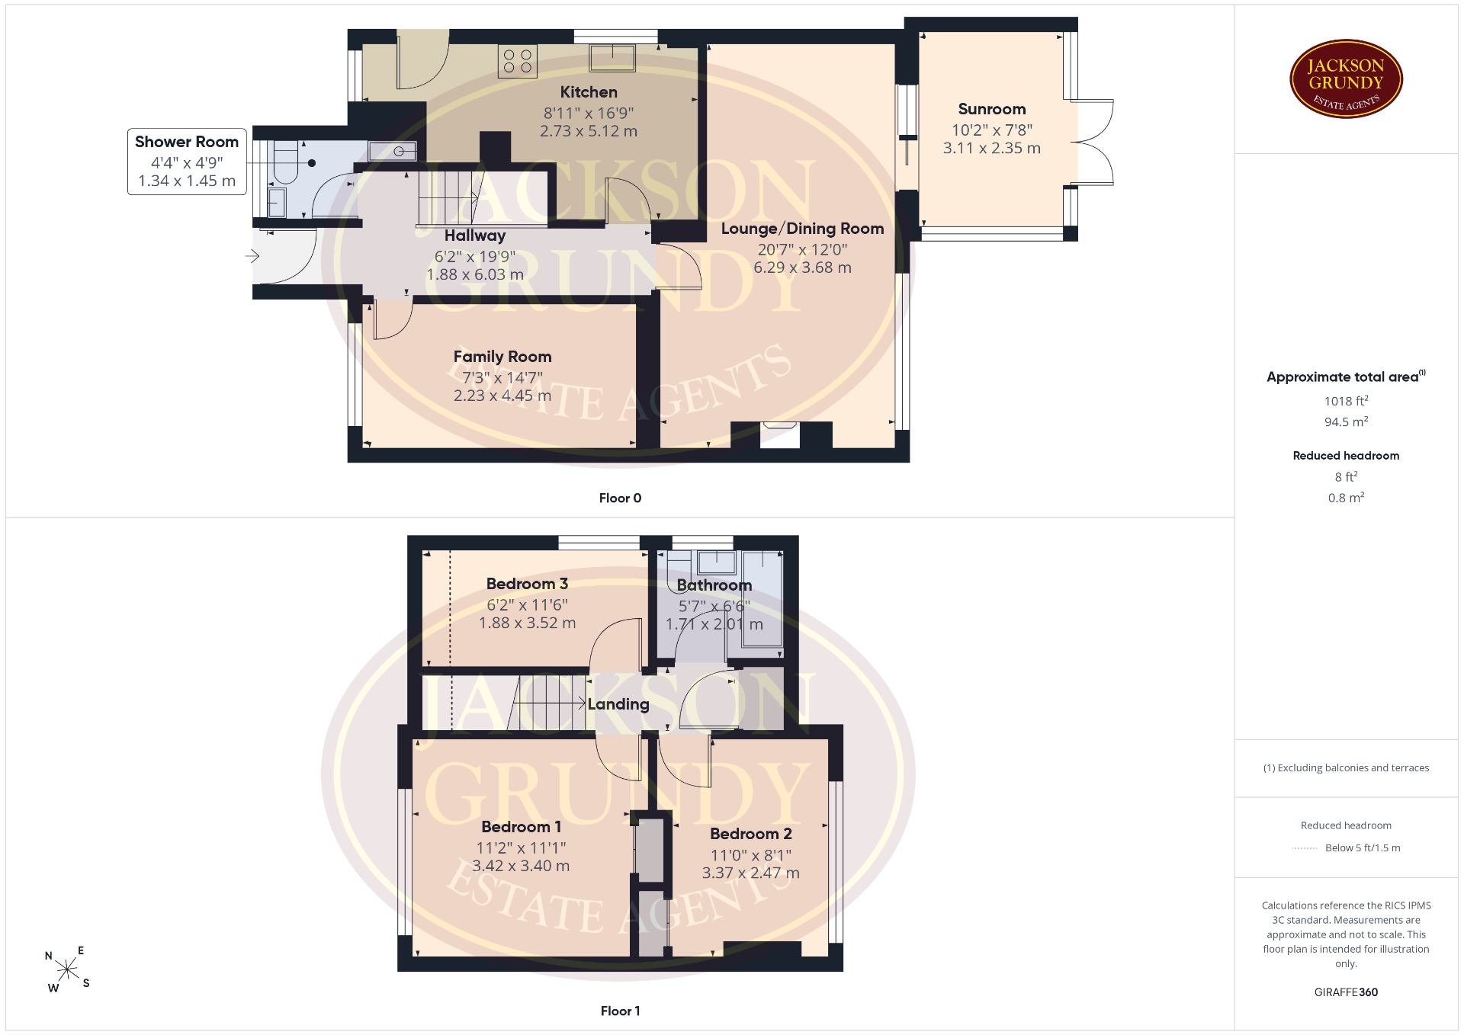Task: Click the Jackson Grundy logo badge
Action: tap(1346, 79)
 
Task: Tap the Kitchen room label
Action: tap(589, 92)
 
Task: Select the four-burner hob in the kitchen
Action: tap(518, 61)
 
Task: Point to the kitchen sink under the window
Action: tap(612, 58)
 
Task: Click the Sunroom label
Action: tap(992, 109)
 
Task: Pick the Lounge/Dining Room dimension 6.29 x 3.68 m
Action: tap(802, 268)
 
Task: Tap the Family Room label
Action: tap(502, 357)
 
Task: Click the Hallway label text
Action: tap(475, 236)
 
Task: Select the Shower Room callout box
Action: tap(187, 162)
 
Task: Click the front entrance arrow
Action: tap(252, 257)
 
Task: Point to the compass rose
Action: tap(68, 969)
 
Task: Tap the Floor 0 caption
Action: tap(620, 498)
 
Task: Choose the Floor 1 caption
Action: tap(620, 1011)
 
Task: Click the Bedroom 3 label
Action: tap(527, 584)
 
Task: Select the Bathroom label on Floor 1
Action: tap(714, 585)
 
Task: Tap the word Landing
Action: tap(618, 704)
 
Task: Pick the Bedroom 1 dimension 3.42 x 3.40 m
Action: tap(521, 866)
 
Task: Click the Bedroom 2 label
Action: tap(751, 834)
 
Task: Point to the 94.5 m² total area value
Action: tap(1346, 421)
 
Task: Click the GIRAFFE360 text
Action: tap(1346, 992)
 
